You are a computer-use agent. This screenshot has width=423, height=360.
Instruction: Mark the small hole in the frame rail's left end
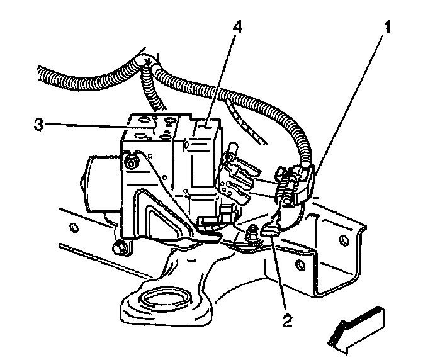point(74,227)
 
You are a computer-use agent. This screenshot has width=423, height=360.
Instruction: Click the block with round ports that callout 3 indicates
point(151,129)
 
